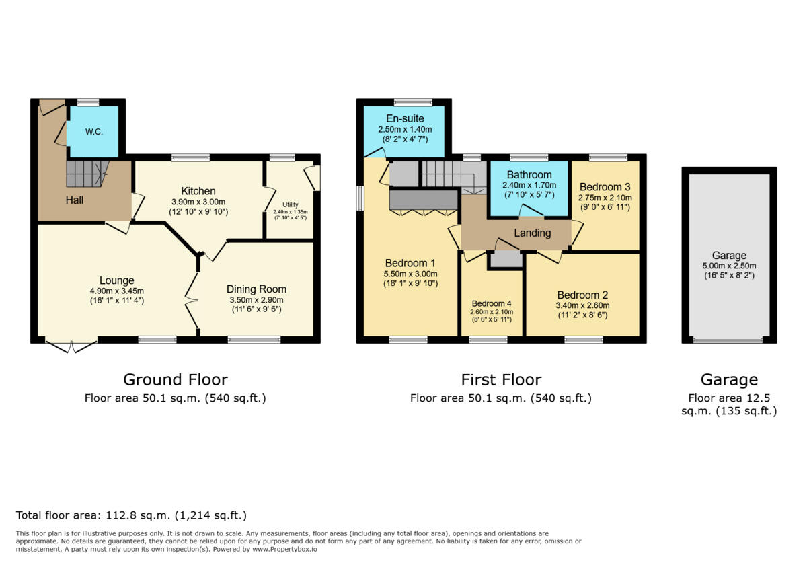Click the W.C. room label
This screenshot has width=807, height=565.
click(93, 132)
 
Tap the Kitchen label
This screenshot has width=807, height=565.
click(198, 191)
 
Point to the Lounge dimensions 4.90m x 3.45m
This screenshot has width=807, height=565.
click(117, 292)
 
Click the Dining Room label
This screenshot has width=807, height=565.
click(256, 289)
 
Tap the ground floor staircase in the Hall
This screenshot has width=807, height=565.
click(87, 174)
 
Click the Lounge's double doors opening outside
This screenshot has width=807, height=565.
click(71, 346)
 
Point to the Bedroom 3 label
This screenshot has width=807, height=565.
click(603, 186)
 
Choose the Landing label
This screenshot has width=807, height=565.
click(533, 233)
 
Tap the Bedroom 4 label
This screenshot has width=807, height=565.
click(492, 303)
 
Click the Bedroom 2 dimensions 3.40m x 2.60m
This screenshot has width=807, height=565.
click(582, 306)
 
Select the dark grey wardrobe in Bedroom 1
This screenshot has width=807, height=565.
click(424, 200)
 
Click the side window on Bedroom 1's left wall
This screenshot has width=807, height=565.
click(360, 198)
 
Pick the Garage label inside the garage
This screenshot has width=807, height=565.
click(729, 256)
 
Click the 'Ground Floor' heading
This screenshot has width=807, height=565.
click(175, 380)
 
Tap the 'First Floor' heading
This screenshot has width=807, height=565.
click(500, 380)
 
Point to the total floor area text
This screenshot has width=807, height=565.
click(131, 516)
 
